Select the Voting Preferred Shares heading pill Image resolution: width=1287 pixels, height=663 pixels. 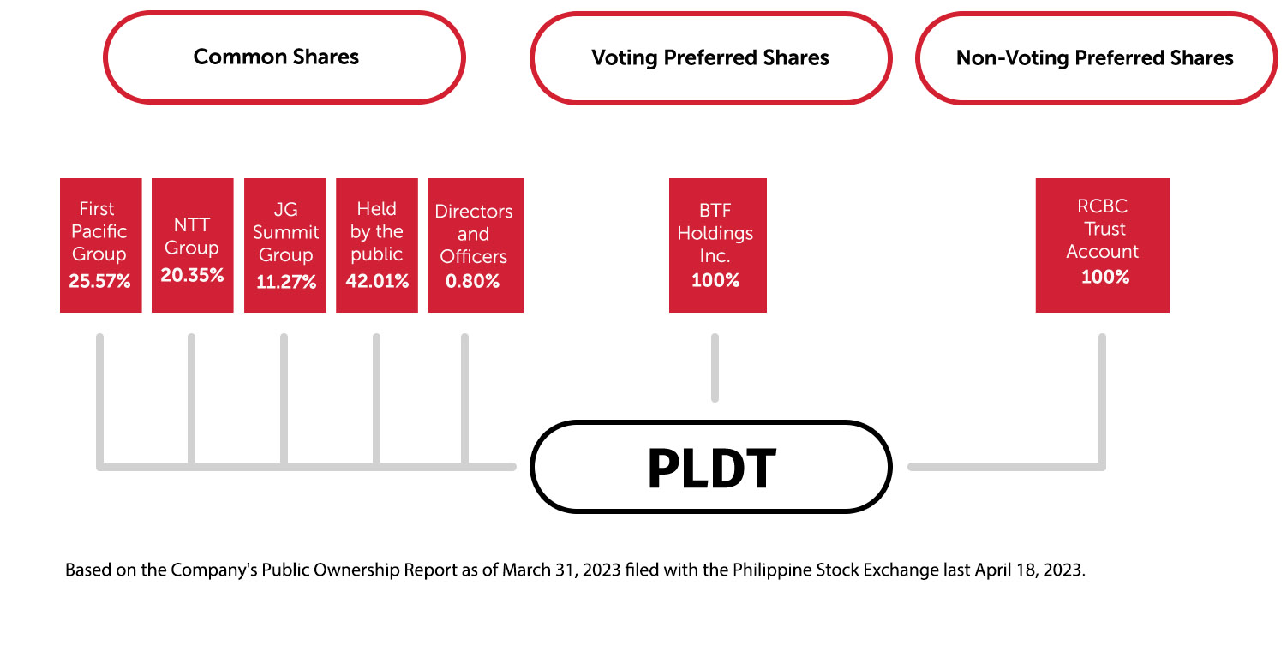tap(710, 58)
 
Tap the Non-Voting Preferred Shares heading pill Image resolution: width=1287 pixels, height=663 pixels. tap(1095, 58)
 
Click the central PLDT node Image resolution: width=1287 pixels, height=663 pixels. tap(711, 467)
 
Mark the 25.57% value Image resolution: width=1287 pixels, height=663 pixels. tap(100, 281)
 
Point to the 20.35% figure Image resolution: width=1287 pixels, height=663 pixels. tap(192, 276)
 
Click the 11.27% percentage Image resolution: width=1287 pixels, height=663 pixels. tap(285, 282)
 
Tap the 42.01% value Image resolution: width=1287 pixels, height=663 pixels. tap(377, 281)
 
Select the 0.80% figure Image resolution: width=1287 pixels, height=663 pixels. tap(473, 281)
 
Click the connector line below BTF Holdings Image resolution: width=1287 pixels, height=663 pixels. tap(715, 367)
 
